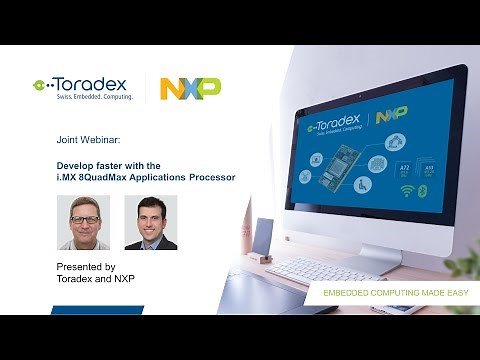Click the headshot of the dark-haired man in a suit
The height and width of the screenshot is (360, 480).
(151, 222)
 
